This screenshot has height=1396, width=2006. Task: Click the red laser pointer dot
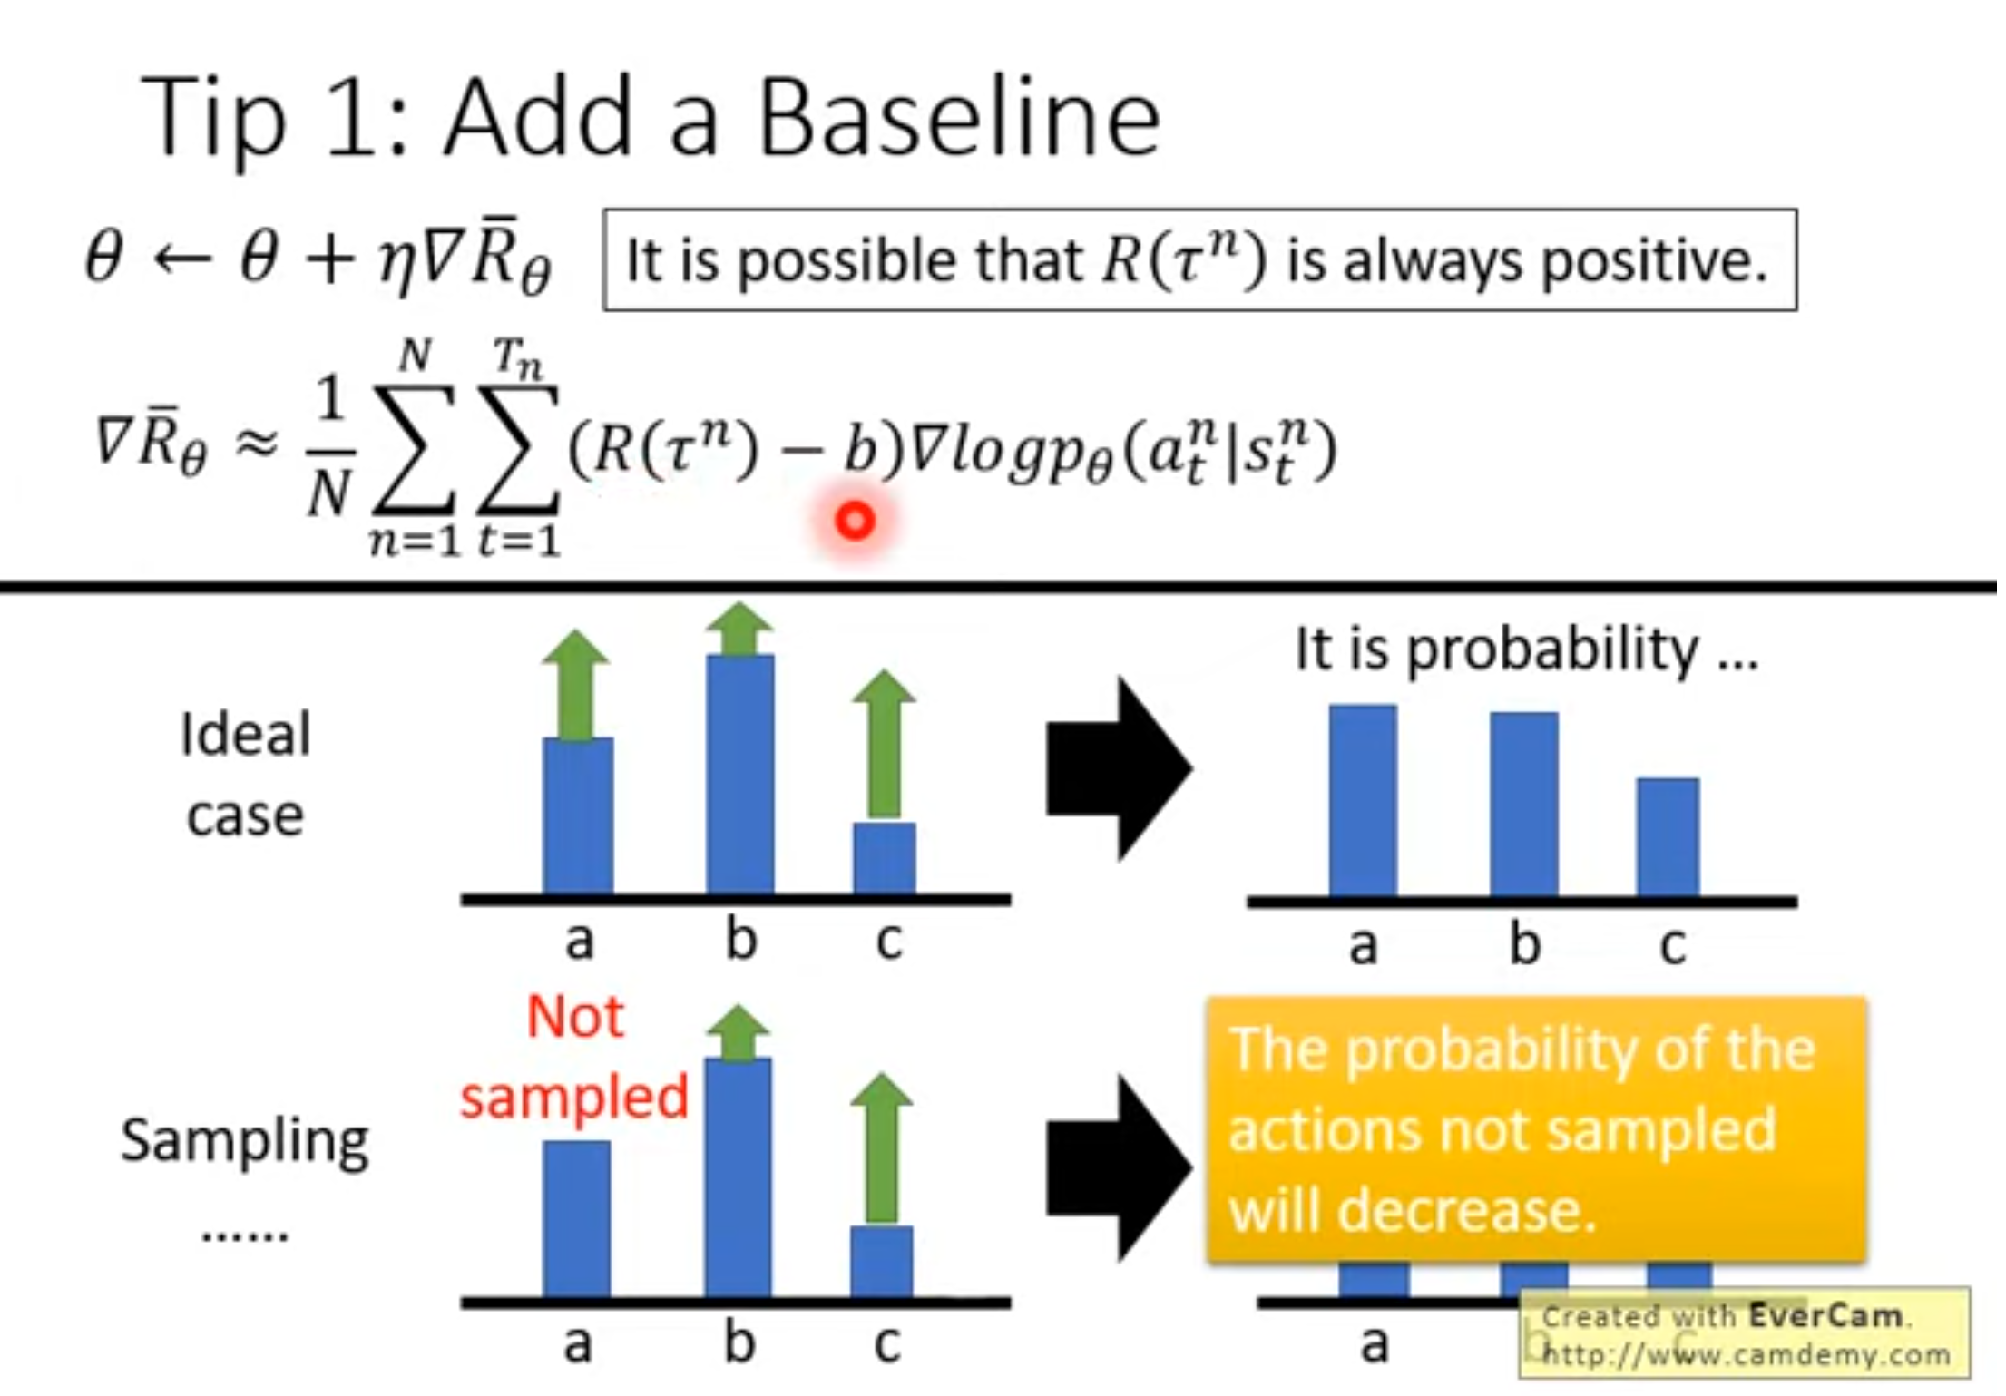point(855,522)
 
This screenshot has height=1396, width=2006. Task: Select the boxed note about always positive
point(1199,260)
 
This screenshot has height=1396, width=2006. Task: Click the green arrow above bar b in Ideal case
point(739,629)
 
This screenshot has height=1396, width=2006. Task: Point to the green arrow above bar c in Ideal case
point(885,745)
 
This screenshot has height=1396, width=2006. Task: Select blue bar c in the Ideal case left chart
point(885,858)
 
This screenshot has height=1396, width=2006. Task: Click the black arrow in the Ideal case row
point(1120,769)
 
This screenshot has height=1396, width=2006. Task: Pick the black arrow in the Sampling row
point(1120,1168)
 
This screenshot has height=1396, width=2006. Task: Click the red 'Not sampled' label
point(575,1057)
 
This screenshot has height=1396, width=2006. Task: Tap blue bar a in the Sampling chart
point(577,1219)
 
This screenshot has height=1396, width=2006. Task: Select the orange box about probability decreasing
point(1536,1129)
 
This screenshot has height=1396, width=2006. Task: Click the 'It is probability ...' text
point(1527,650)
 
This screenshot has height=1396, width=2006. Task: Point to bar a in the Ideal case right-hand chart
point(1363,801)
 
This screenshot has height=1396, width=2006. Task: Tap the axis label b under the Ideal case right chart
point(1525,943)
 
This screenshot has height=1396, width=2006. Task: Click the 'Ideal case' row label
point(246,774)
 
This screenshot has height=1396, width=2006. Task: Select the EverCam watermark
point(1745,1333)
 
